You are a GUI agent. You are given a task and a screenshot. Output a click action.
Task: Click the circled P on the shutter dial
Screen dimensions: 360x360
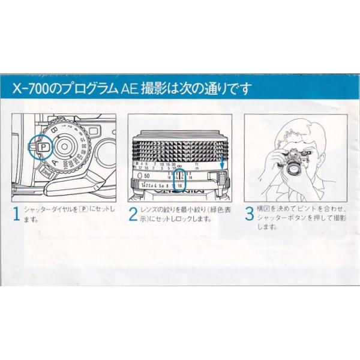coord(44,145)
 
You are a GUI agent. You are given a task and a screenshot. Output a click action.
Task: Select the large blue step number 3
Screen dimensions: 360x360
coord(250,215)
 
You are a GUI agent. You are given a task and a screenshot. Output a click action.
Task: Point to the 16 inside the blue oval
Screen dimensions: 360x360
coord(181,185)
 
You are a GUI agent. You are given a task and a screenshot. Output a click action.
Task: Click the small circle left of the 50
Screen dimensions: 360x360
coord(139,175)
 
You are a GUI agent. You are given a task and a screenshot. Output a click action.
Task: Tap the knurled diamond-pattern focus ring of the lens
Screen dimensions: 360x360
coord(180,147)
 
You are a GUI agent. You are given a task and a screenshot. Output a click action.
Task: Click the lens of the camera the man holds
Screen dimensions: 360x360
coord(293,169)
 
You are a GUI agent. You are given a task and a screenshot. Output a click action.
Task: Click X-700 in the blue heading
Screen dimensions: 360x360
coord(32,89)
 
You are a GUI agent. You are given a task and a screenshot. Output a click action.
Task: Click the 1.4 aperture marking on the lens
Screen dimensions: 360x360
coord(139,185)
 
